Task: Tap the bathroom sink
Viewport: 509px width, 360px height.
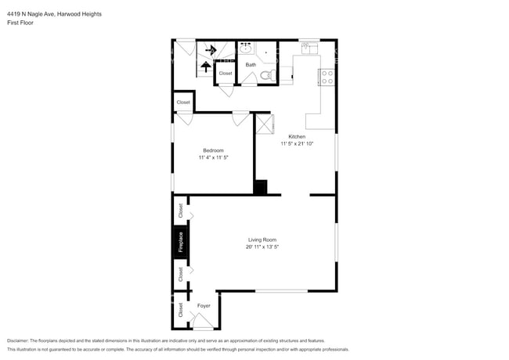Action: (x=245, y=49)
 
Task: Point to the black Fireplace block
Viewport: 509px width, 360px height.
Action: (x=180, y=241)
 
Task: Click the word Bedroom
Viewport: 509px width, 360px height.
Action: (x=213, y=150)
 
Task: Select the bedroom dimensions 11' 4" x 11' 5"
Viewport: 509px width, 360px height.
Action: (x=213, y=158)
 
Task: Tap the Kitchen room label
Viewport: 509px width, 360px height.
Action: (x=297, y=136)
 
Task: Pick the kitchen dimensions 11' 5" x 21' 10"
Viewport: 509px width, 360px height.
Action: (x=297, y=144)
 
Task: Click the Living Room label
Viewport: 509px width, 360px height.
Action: (x=262, y=239)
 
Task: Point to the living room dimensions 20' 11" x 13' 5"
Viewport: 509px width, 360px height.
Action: (x=262, y=247)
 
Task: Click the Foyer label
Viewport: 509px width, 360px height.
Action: (x=204, y=305)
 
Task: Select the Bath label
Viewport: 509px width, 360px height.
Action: (x=251, y=65)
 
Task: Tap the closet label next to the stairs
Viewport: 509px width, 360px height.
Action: (x=226, y=74)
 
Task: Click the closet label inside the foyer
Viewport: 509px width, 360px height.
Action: (x=180, y=310)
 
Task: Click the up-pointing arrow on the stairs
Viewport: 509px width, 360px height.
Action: (x=205, y=67)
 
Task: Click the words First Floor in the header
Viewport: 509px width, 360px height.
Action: (x=20, y=23)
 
